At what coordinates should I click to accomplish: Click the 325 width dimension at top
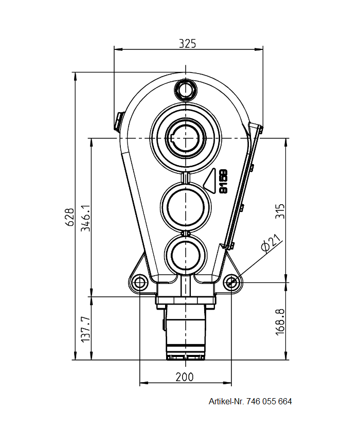pos(188,44)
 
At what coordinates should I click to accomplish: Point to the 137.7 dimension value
pos(86,329)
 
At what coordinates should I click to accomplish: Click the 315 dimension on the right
pos(279,211)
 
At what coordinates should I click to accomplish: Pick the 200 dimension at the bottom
pos(185,377)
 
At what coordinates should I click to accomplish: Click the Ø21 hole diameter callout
pos(271,243)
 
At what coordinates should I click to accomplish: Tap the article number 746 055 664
pos(269,401)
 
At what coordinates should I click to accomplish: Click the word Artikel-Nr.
pos(226,401)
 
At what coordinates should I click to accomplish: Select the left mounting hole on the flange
pos(139,282)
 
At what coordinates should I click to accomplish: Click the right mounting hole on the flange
pos(231,282)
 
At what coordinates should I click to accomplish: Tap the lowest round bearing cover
pos(186,254)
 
